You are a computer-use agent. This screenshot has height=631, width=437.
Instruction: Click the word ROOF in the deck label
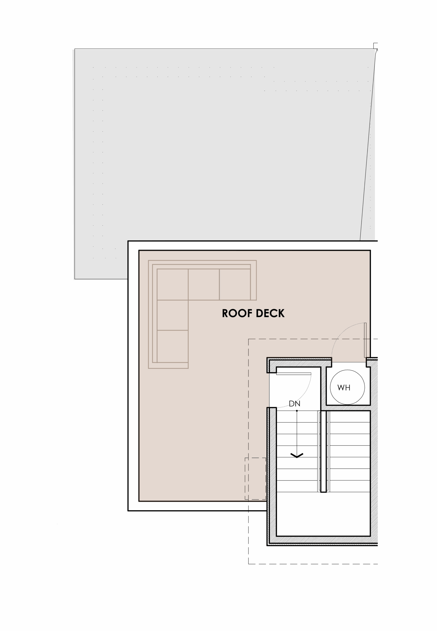[237, 313]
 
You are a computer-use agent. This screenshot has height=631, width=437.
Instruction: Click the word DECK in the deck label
[270, 313]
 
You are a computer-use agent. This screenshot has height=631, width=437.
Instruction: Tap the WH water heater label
[344, 387]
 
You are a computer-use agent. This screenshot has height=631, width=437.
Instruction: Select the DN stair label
[295, 403]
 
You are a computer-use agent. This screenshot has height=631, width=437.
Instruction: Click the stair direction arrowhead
[297, 456]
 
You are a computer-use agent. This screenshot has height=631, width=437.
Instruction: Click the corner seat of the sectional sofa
[172, 284]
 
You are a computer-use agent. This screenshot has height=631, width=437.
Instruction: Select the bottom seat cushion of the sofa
[172, 346]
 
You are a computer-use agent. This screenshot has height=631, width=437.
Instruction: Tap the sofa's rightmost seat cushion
[235, 284]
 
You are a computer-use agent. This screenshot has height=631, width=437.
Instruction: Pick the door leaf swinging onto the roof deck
[365, 340]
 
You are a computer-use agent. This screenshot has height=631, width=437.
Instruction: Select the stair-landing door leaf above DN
[294, 374]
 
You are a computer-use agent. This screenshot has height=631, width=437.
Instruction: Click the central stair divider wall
[324, 451]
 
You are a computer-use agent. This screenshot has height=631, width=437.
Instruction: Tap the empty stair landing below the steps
[323, 514]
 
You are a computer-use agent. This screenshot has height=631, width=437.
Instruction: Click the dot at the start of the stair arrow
[297, 411]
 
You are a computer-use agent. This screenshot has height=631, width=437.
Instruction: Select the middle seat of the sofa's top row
[204, 284]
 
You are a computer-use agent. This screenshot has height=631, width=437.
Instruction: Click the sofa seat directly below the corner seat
[172, 315]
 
